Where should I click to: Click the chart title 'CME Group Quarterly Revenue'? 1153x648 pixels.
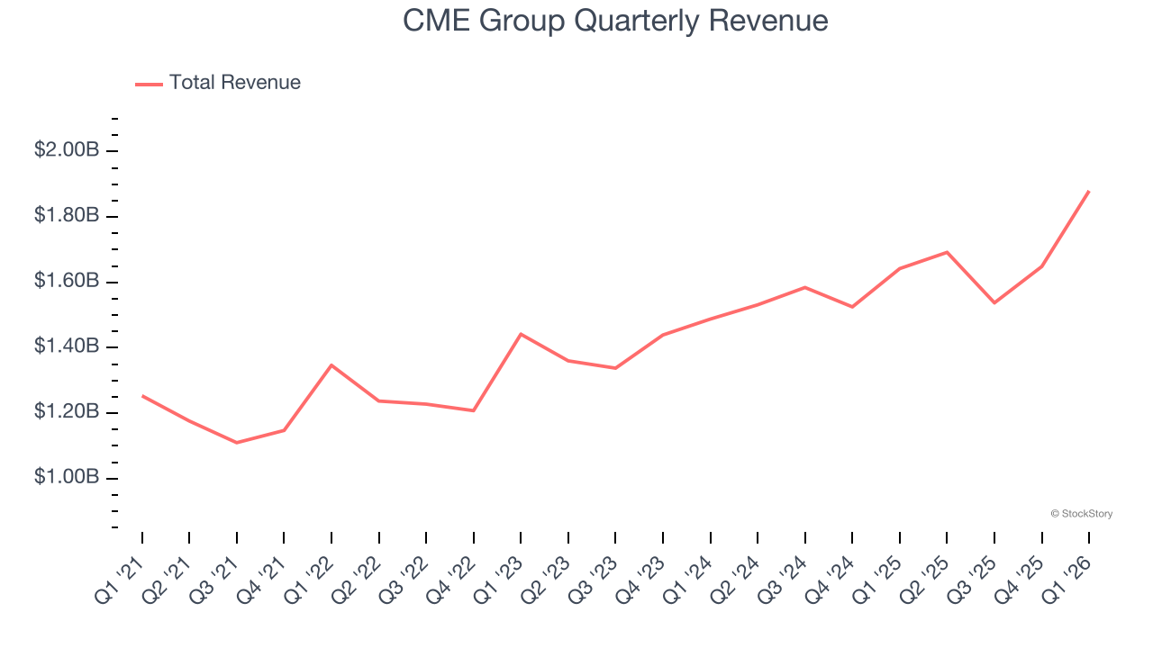click(x=615, y=21)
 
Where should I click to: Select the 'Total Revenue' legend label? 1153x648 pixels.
click(x=234, y=83)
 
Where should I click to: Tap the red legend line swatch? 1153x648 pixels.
click(x=149, y=84)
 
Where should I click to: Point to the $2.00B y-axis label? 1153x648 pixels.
click(x=66, y=150)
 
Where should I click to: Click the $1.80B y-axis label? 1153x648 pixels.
click(x=66, y=216)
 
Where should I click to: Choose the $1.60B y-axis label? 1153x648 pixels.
click(x=66, y=282)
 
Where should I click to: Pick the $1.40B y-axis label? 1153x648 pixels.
click(x=66, y=346)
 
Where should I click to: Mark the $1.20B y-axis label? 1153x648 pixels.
click(x=66, y=412)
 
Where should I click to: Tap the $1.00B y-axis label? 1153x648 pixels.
click(x=66, y=477)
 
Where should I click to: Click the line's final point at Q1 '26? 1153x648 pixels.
click(x=1089, y=191)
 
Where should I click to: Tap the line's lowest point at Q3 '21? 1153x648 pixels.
click(x=237, y=443)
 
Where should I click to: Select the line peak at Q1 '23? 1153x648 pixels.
click(x=521, y=334)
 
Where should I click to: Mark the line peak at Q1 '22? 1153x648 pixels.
click(x=331, y=364)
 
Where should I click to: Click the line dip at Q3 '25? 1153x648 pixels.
click(x=994, y=302)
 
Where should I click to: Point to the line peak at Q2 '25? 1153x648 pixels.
click(x=947, y=252)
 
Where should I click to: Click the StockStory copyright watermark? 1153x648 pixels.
click(x=1081, y=514)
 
